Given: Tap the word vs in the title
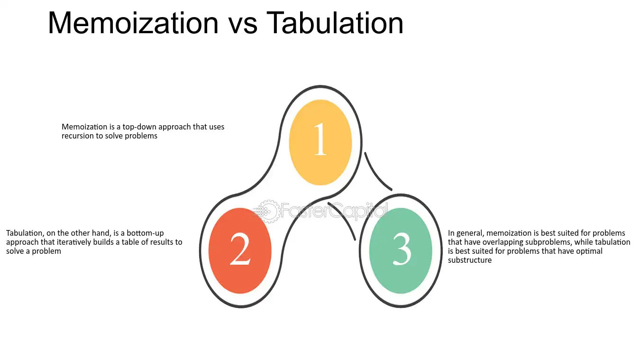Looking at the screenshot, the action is (243, 26).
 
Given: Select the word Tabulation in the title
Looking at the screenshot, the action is (335, 23).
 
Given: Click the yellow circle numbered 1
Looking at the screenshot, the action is (320, 142).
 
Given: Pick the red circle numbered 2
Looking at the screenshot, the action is (240, 250).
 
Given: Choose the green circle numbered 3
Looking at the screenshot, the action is (401, 250).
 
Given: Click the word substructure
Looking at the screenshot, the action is (470, 260).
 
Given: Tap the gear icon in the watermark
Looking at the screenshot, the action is (268, 212).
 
